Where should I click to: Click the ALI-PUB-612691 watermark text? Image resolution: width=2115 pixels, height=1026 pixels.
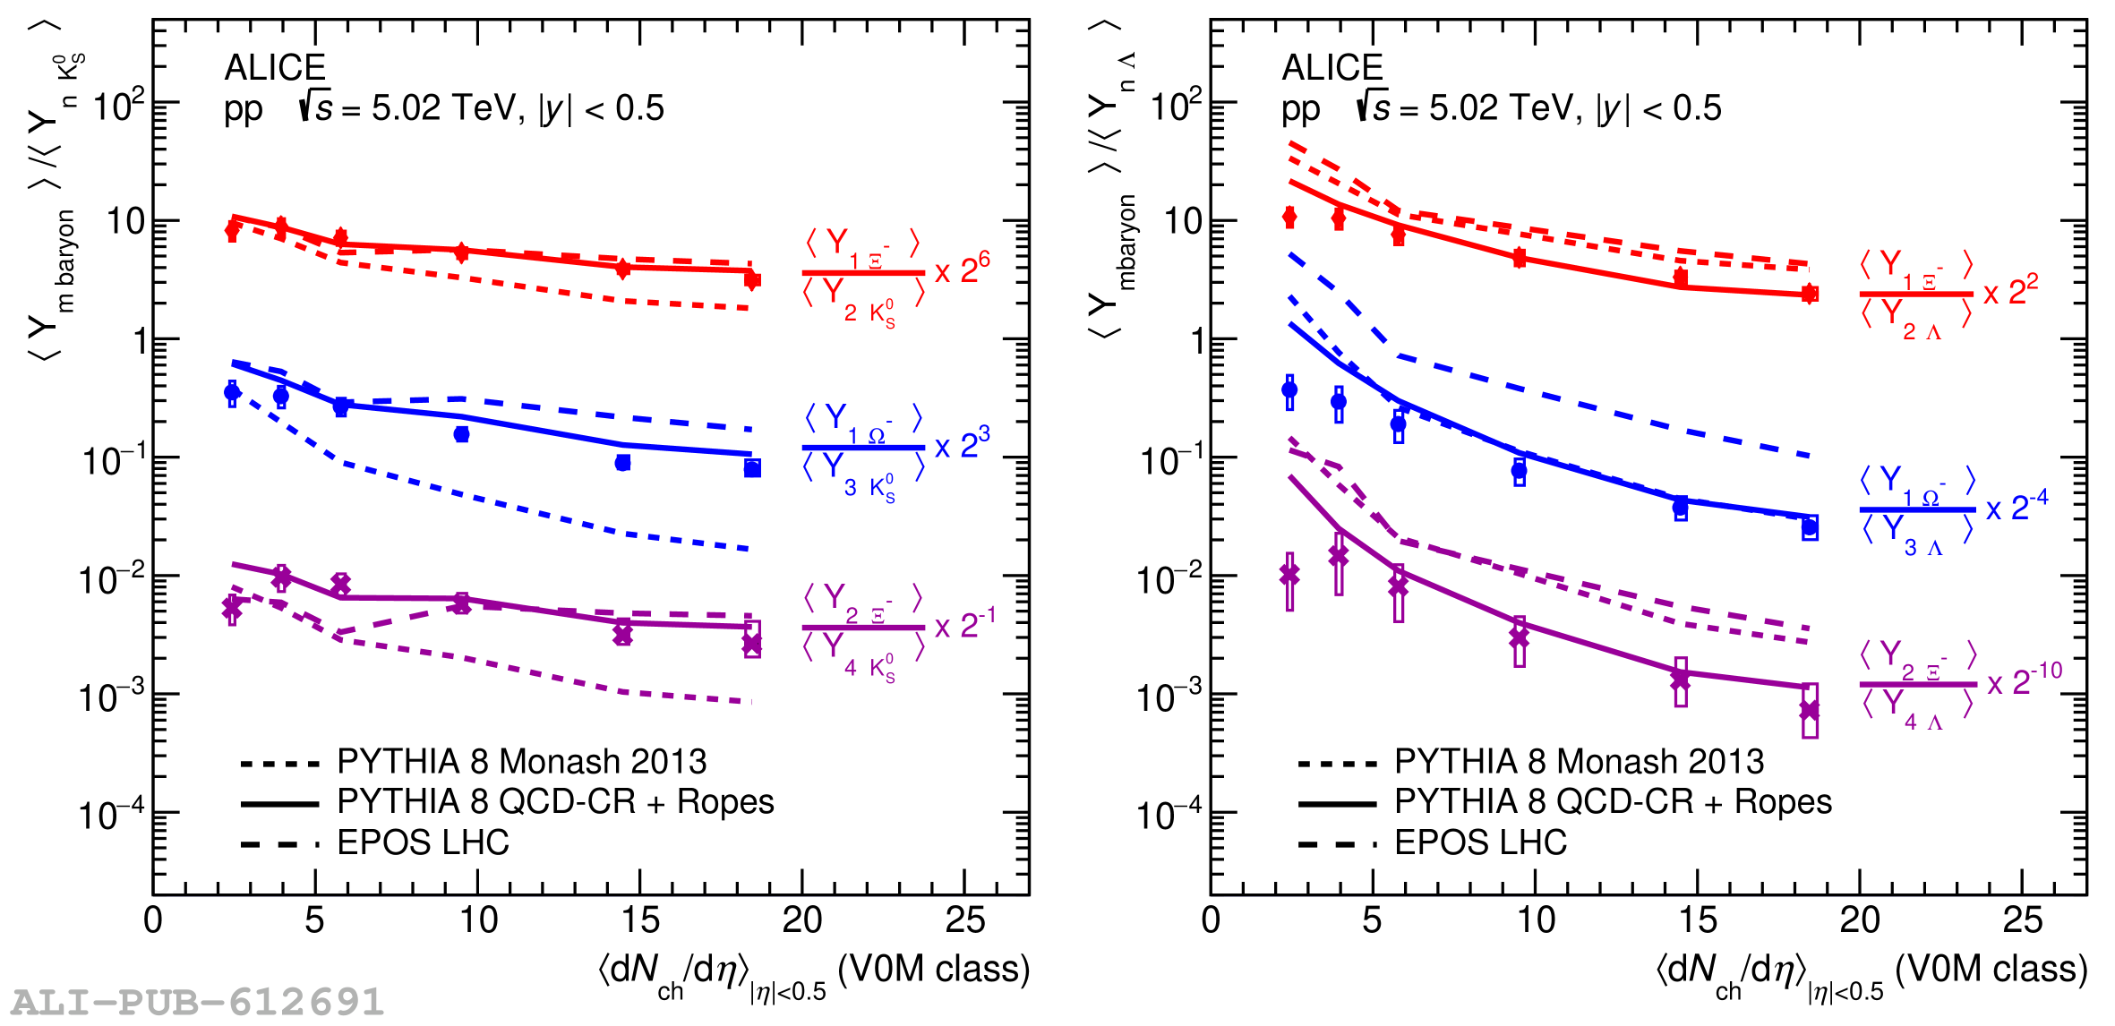[x=197, y=1002]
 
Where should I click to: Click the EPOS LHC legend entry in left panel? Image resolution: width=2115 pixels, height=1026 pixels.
[x=423, y=842]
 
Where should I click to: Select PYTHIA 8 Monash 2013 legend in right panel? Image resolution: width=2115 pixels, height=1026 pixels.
[x=1579, y=762]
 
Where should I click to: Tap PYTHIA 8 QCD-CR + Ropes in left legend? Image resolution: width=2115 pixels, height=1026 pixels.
[x=555, y=802]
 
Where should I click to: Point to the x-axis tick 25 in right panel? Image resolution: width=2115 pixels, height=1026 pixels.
[x=2022, y=920]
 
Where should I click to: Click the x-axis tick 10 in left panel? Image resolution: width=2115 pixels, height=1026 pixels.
[x=477, y=920]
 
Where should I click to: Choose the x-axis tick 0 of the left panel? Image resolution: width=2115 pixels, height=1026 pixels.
[x=153, y=920]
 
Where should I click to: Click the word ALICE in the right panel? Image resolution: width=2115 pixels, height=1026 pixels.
[x=1332, y=68]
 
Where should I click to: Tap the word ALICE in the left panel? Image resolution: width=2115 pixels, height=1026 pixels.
[x=275, y=68]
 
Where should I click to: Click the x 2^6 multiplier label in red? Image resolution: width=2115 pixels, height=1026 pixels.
[x=963, y=268]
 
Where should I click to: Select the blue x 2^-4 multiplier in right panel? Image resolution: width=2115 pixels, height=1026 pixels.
[x=2017, y=507]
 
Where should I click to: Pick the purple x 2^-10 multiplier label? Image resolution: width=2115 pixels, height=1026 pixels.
[x=2024, y=681]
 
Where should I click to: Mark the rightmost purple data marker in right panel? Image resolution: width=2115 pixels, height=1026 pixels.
[x=1810, y=711]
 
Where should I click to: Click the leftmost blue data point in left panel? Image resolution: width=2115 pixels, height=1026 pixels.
[x=232, y=392]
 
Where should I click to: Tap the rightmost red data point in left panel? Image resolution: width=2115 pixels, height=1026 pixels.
[x=752, y=280]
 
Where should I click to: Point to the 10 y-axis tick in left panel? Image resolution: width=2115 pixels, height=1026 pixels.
[x=125, y=221]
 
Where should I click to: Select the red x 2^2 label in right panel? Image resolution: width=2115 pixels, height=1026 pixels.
[x=2011, y=292]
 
